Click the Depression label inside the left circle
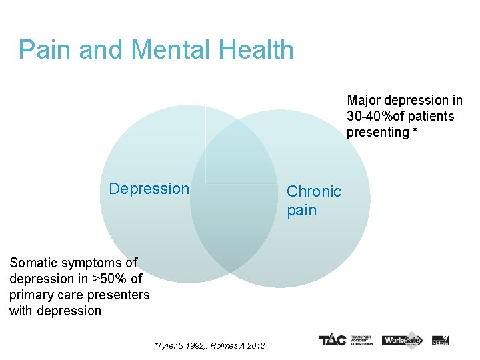pos(149,189)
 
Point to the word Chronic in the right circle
pos(313,191)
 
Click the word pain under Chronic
pos(301,210)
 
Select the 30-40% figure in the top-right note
pos(370,116)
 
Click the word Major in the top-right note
pos(363,100)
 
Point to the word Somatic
pos(33,263)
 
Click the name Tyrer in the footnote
pos(167,345)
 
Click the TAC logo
pos(331,340)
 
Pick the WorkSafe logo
pos(402,340)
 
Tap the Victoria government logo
pos(440,340)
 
